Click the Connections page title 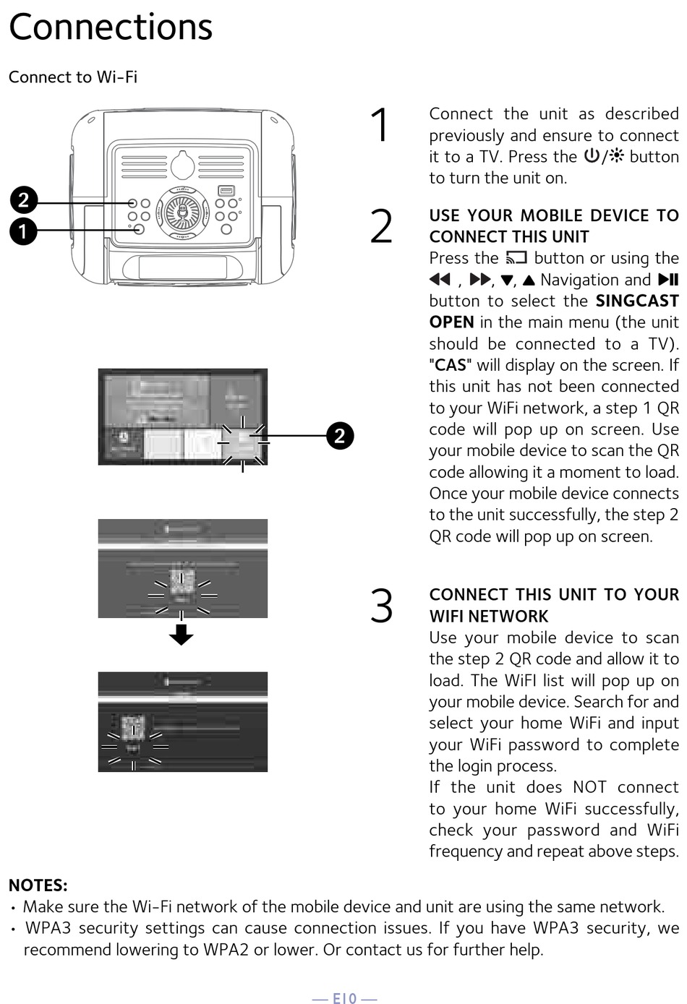pyautogui.click(x=111, y=27)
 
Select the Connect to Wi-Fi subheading pyautogui.click(x=73, y=77)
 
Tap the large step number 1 pyautogui.click(x=380, y=124)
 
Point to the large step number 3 pyautogui.click(x=381, y=605)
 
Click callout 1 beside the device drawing pyautogui.click(x=23, y=231)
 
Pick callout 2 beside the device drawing pyautogui.click(x=23, y=200)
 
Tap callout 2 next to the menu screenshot pyautogui.click(x=339, y=436)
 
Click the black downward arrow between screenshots pyautogui.click(x=181, y=634)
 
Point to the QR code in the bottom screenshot pyautogui.click(x=133, y=729)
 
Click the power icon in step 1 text pyautogui.click(x=592, y=156)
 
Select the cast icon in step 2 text pyautogui.click(x=516, y=258)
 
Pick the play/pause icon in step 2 pyautogui.click(x=668, y=280)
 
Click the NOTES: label pyautogui.click(x=38, y=885)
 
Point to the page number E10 pyautogui.click(x=344, y=998)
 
